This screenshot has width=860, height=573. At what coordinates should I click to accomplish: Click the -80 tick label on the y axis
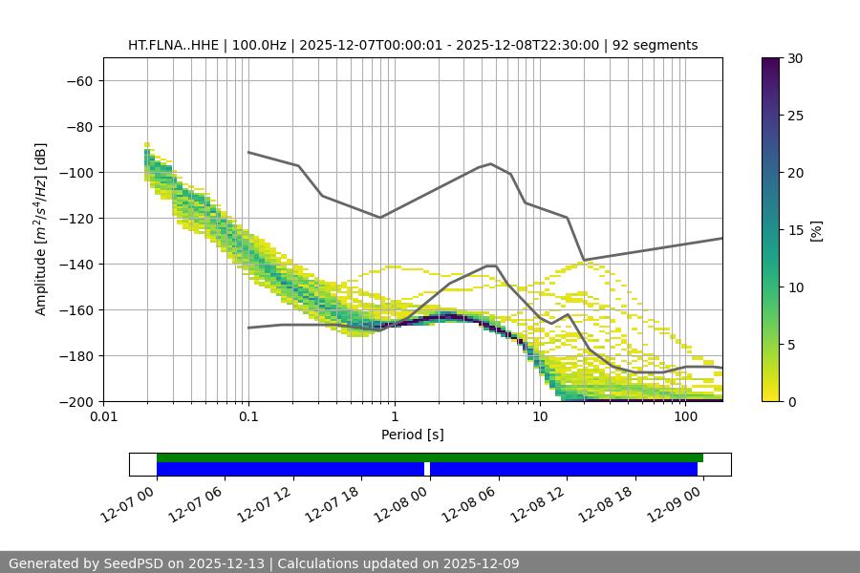tap(77, 126)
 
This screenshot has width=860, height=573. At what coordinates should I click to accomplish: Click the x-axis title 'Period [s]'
tap(413, 435)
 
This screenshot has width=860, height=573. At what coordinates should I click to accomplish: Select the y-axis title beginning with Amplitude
tap(41, 229)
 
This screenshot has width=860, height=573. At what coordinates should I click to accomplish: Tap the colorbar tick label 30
tap(794, 58)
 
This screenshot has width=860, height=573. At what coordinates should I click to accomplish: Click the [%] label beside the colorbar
tap(816, 230)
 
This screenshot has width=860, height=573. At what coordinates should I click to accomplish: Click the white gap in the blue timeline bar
tap(427, 469)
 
